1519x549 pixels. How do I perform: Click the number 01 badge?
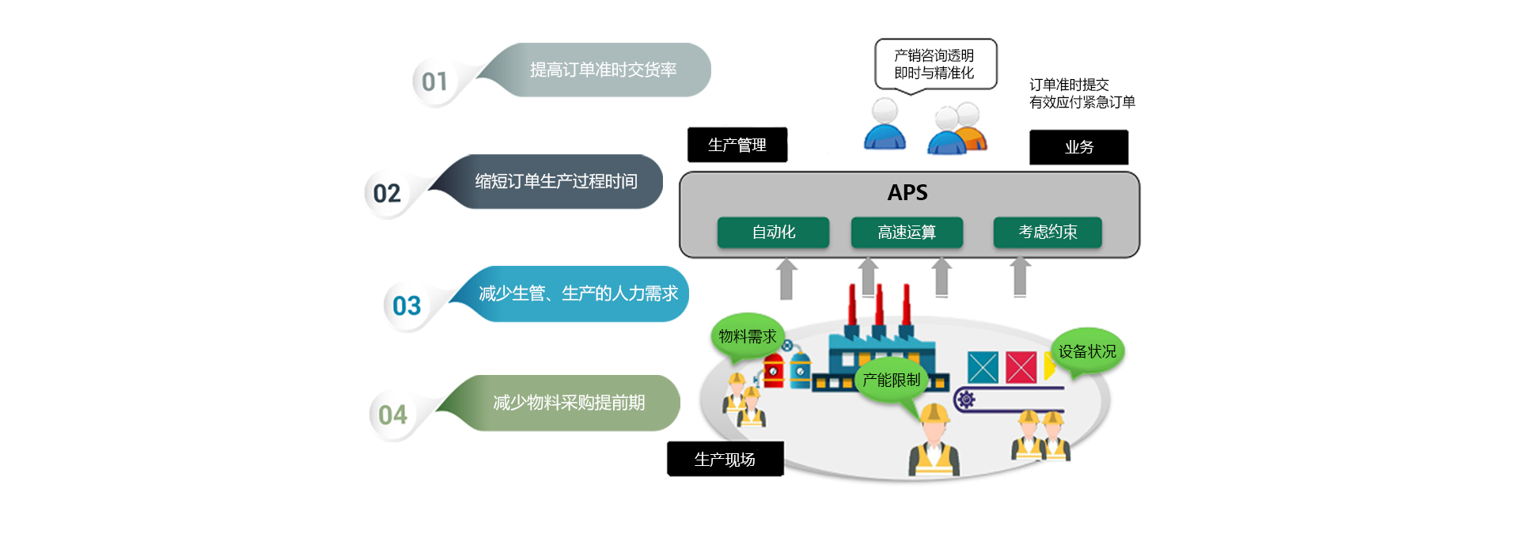point(434,81)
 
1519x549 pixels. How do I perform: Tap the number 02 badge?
point(387,193)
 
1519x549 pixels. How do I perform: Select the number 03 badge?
point(407,305)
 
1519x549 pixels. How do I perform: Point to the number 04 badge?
point(392,415)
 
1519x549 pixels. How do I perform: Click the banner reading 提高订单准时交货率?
point(602,70)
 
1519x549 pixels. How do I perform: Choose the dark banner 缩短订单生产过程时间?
point(555,181)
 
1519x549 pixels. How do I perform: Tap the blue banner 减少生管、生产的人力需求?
point(578,293)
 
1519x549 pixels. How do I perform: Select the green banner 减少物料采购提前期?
point(568,403)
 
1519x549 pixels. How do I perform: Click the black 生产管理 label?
point(737,145)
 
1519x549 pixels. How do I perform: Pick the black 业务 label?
point(1078,147)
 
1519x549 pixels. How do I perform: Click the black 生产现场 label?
point(725,459)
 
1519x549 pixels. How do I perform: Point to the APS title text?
point(907,192)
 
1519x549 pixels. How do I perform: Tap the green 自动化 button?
point(773,232)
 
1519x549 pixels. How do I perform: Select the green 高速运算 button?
point(907,232)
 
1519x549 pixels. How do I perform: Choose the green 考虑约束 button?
point(1047,232)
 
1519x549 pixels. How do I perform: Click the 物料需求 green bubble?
point(747,336)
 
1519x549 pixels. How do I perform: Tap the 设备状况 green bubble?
point(1087,351)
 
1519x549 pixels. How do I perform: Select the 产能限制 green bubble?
point(891,380)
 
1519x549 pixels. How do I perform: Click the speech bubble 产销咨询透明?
point(934,64)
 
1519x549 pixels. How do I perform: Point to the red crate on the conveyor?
point(1021,368)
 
